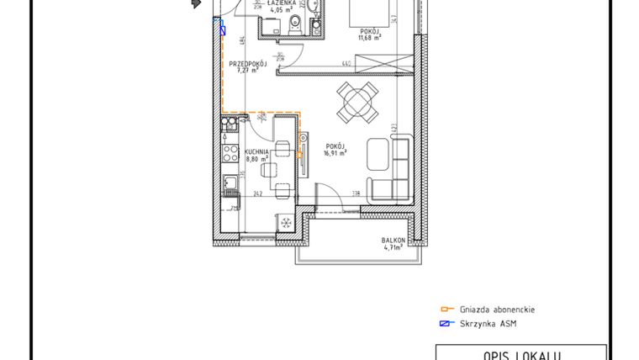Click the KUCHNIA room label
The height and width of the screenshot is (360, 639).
click(257, 151)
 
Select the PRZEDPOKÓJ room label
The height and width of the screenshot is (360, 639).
click(247, 64)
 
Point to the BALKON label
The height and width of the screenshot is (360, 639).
click(393, 241)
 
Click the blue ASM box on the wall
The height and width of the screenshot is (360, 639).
click(223, 28)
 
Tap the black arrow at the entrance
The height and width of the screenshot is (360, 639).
click(197, 4)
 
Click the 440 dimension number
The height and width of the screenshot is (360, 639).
click(346, 63)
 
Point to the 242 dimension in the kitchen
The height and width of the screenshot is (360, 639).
click(257, 193)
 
